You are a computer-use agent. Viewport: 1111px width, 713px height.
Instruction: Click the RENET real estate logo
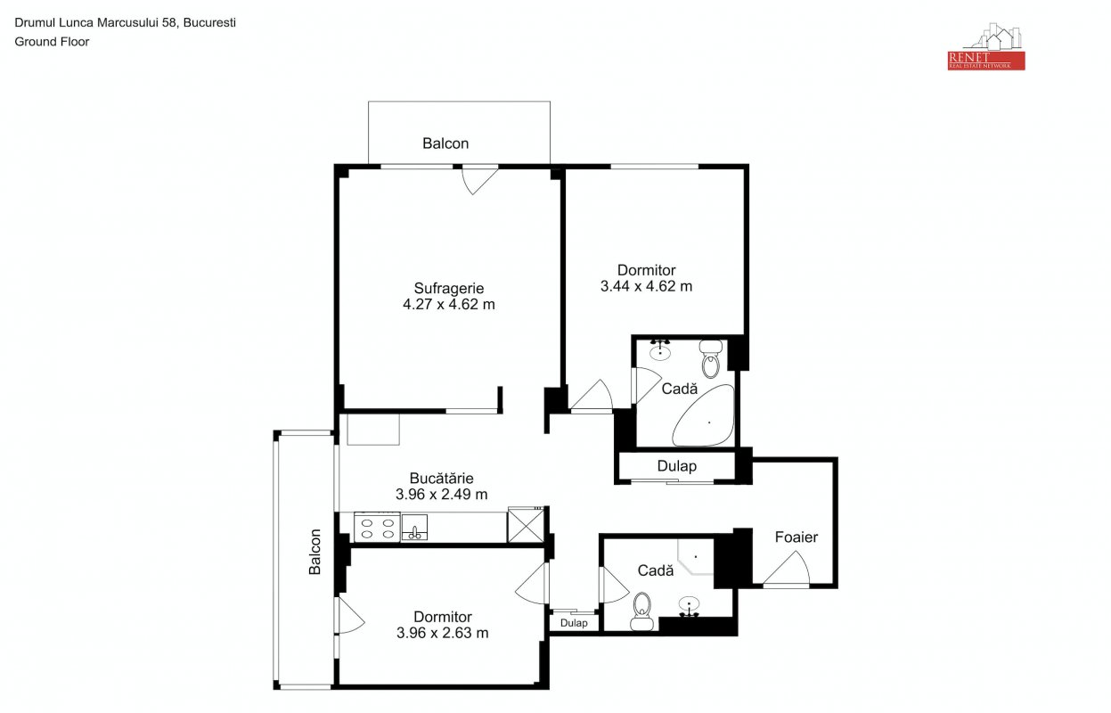[986, 46]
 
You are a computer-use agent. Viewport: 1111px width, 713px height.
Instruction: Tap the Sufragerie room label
[449, 288]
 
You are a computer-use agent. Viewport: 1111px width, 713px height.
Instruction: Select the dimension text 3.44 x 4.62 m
[646, 286]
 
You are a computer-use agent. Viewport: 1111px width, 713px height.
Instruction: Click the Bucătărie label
[441, 478]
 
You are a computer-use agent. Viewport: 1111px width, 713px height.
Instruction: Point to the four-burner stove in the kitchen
[378, 528]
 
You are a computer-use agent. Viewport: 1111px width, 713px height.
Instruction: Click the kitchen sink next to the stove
[414, 528]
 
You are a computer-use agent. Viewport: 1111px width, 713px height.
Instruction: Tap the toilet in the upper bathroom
[711, 359]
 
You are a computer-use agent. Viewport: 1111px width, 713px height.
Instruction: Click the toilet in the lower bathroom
[642, 611]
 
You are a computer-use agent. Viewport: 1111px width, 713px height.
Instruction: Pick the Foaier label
[796, 537]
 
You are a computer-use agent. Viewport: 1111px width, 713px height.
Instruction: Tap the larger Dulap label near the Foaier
[676, 466]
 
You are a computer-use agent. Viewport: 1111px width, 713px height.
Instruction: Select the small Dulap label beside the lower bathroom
[574, 623]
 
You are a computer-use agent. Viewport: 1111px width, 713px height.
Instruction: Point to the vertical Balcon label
[315, 552]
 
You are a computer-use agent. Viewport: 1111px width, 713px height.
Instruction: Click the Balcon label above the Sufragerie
[445, 143]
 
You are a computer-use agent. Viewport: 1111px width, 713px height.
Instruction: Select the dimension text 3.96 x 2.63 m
[443, 633]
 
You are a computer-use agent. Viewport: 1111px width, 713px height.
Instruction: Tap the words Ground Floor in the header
[52, 42]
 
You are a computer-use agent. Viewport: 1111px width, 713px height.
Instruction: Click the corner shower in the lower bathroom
[695, 557]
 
